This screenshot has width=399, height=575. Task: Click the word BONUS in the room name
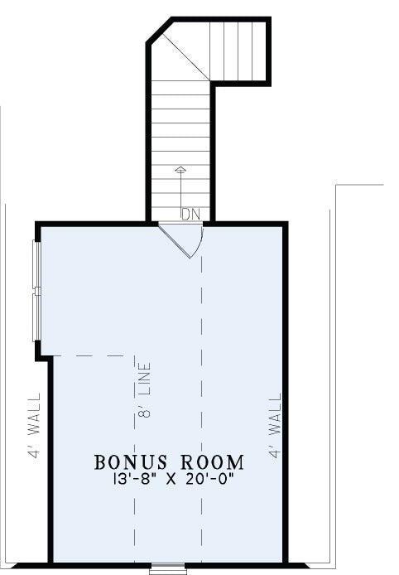click(131, 462)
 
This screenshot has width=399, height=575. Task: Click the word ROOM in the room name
click(213, 462)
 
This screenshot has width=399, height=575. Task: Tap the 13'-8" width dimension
click(132, 479)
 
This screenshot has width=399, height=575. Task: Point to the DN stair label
click(191, 215)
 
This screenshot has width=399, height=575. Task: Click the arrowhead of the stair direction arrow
click(180, 169)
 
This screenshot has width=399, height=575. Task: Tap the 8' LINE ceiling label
click(145, 390)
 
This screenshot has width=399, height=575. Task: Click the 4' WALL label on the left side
click(34, 425)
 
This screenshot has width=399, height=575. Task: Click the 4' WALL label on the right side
click(275, 425)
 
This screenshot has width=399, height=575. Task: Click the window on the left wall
click(36, 291)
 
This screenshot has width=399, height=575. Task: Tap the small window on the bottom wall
click(168, 569)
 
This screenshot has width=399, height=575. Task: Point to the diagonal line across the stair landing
click(185, 56)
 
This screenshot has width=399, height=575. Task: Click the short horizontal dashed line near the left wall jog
click(88, 355)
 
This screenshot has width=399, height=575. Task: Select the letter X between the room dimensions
click(171, 480)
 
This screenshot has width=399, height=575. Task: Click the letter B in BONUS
click(99, 462)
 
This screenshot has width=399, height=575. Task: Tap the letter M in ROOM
click(236, 462)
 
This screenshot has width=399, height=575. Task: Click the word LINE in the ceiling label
click(145, 379)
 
